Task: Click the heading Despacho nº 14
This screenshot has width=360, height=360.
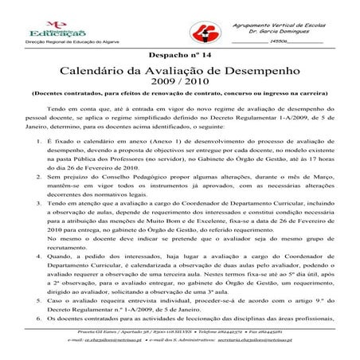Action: pyautogui.click(x=180, y=54)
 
